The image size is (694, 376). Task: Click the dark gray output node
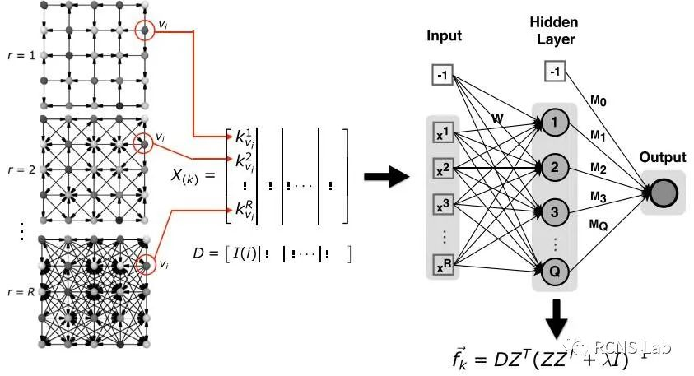[x=664, y=193]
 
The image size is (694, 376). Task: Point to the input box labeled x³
[x=442, y=206]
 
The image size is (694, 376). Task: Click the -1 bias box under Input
[x=442, y=76]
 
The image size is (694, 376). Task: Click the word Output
[x=664, y=156]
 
